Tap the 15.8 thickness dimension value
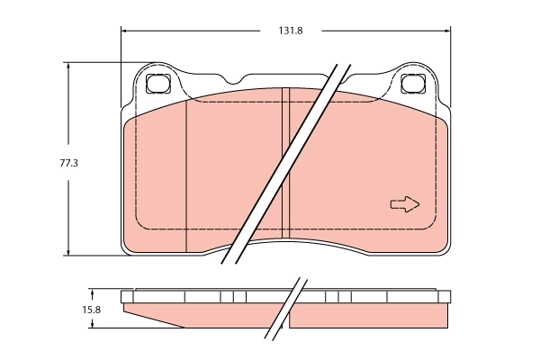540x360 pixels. (91, 310)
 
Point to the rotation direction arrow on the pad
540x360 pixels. (405, 204)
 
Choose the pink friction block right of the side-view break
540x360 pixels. (369, 316)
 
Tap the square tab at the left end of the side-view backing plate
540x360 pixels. (126, 296)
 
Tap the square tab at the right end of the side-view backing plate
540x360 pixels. (443, 296)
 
